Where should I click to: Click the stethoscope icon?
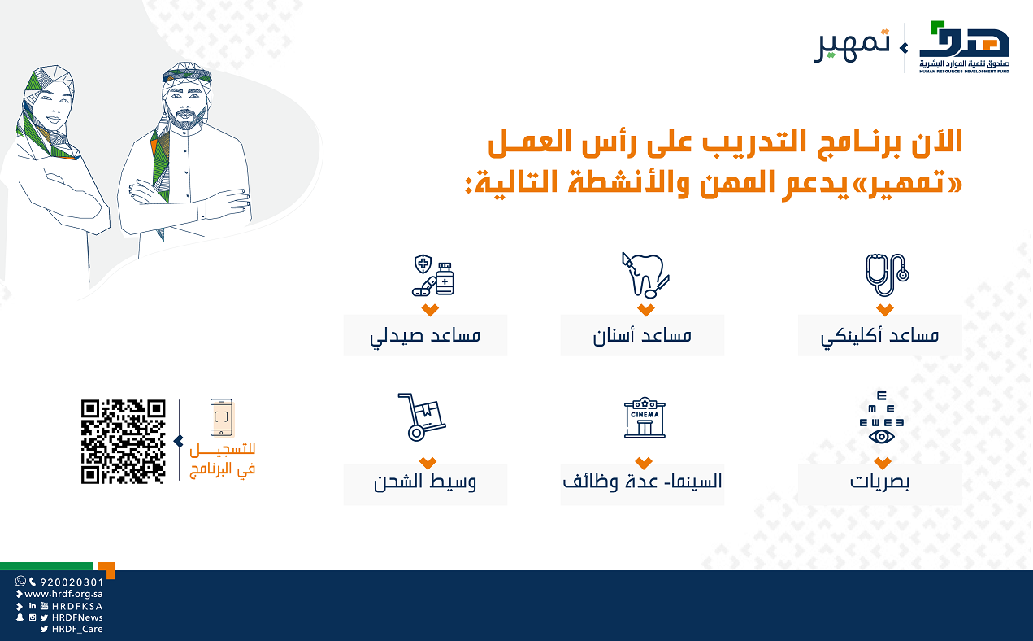tap(887, 275)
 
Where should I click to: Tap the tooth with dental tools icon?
tap(645, 275)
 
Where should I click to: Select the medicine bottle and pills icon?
tap(433, 275)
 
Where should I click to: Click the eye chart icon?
tap(881, 418)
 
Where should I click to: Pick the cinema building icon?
tap(645, 417)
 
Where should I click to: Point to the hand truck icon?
tap(422, 417)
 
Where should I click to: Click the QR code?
tap(123, 442)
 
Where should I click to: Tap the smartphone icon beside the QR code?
tap(221, 417)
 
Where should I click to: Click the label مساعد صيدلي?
tap(425, 335)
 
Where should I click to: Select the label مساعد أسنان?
tap(642, 335)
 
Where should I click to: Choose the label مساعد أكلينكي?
tap(879, 335)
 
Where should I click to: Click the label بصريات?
tap(879, 482)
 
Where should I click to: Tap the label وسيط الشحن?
tap(425, 482)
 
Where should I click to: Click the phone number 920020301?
tap(72, 582)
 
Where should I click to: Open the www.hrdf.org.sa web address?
tap(63, 594)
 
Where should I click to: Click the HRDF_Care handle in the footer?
tap(77, 629)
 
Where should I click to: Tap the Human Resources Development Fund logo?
tap(964, 46)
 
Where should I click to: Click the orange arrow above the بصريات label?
tap(882, 463)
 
